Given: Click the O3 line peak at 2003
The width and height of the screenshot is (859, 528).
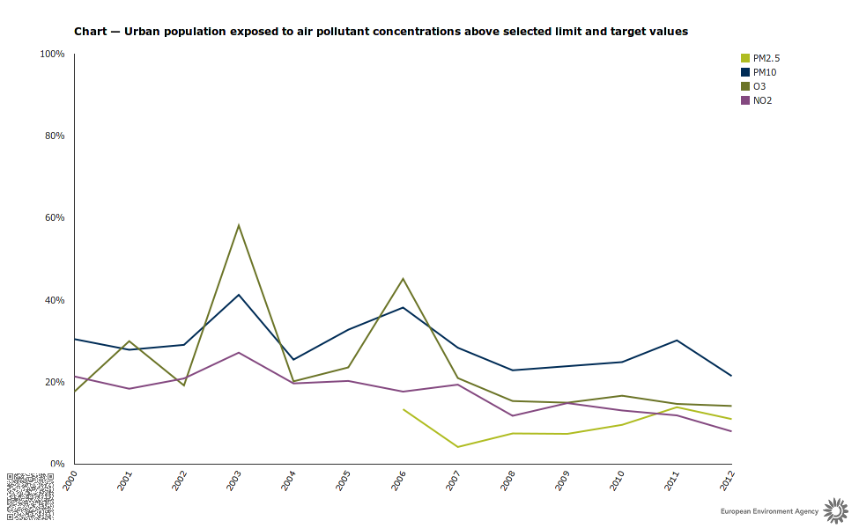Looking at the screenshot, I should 239,225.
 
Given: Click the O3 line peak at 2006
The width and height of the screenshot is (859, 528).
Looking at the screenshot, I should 403,279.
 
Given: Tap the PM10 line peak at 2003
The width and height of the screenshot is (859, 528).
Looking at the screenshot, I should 239,295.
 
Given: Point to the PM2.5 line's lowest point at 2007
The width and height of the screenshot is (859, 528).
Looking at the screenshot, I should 457,447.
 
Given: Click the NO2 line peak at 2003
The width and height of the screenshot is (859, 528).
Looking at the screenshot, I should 239,353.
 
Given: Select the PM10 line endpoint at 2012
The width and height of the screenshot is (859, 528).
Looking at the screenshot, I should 731,376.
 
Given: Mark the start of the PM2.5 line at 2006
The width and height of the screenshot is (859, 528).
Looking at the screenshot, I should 403,409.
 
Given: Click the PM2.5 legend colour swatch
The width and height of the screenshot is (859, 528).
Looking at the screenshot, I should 745,58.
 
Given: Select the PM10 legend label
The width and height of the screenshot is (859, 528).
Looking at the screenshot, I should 764,72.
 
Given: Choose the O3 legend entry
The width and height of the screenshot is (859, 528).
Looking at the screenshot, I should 759,86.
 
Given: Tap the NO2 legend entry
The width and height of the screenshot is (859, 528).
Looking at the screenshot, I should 762,100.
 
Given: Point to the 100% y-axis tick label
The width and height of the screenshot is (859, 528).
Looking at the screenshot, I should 53,55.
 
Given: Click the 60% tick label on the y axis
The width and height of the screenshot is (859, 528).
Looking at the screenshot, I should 55,218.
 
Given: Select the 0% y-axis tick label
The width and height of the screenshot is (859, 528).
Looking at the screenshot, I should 57,464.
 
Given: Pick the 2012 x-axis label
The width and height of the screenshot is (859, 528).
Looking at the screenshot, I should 727,480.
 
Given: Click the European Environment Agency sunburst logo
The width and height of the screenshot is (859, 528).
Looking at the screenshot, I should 833,509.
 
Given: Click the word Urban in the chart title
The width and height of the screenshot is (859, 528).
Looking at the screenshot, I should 142,32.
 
